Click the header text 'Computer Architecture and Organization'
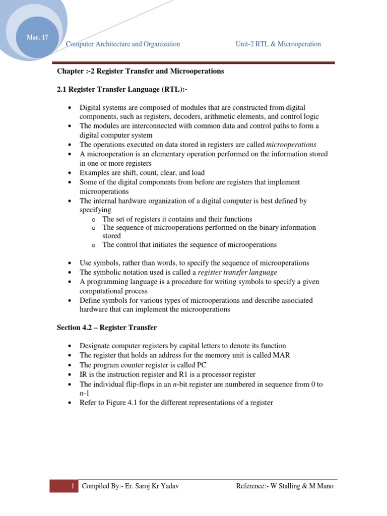pos(123,44)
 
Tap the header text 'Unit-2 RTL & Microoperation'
pos(278,44)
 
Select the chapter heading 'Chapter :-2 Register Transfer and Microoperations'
pos(140,71)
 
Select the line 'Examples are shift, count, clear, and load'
pos(142,172)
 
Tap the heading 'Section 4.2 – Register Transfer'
pos(106,328)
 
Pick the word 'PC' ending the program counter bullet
pos(202,365)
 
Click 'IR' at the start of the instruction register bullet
pos(84,374)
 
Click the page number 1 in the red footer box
pos(73,486)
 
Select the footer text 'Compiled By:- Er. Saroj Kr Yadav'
pos(130,486)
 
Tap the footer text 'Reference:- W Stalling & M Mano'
pos(285,486)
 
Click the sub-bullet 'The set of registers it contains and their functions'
pos(177,219)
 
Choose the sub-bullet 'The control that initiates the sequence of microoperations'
pos(189,245)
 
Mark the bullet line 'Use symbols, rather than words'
pos(195,263)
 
